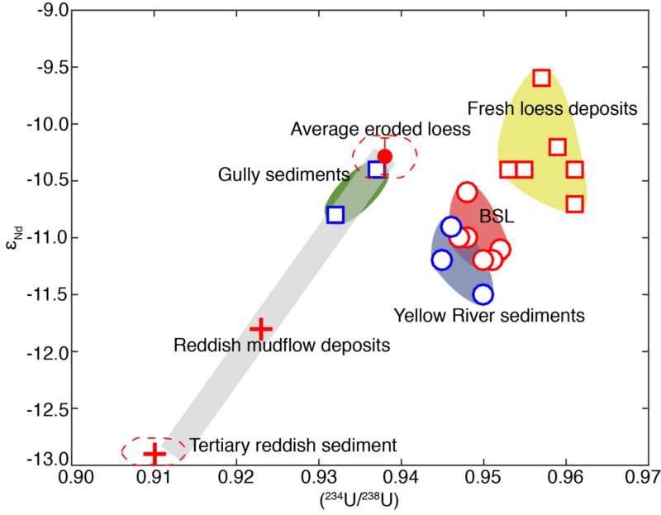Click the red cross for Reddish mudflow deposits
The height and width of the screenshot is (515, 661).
[x=261, y=329]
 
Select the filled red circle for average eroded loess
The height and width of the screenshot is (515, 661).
[x=384, y=155]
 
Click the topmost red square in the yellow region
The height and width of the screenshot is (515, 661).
[x=542, y=78]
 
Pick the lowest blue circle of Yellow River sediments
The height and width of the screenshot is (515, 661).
[x=483, y=294]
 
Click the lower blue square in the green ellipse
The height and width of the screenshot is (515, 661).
[x=335, y=215]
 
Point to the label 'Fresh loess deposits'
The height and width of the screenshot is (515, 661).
[x=552, y=108]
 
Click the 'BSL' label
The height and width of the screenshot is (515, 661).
[x=497, y=217]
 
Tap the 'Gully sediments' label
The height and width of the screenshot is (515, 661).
[x=273, y=174]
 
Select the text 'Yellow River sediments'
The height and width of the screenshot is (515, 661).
[x=489, y=315]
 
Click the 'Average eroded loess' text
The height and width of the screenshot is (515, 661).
[x=380, y=129]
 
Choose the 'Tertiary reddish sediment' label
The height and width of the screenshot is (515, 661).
[x=293, y=444]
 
